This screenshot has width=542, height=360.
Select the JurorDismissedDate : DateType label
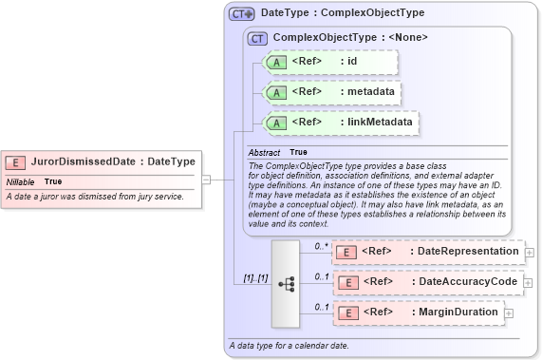pos(113,162)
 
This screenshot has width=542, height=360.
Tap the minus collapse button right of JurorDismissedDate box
pos(206,178)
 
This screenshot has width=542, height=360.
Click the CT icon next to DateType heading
pos(242,14)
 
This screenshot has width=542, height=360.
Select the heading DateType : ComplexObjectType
pos(343,14)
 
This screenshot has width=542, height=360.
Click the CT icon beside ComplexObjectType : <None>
pos(257,38)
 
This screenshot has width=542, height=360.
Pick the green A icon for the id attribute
pos(275,63)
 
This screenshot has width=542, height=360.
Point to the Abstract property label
pos(264,152)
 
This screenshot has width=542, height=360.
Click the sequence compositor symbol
pos(286,282)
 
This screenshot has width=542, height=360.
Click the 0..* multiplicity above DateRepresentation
pos(323,245)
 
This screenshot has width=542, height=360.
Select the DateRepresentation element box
pos(427,252)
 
